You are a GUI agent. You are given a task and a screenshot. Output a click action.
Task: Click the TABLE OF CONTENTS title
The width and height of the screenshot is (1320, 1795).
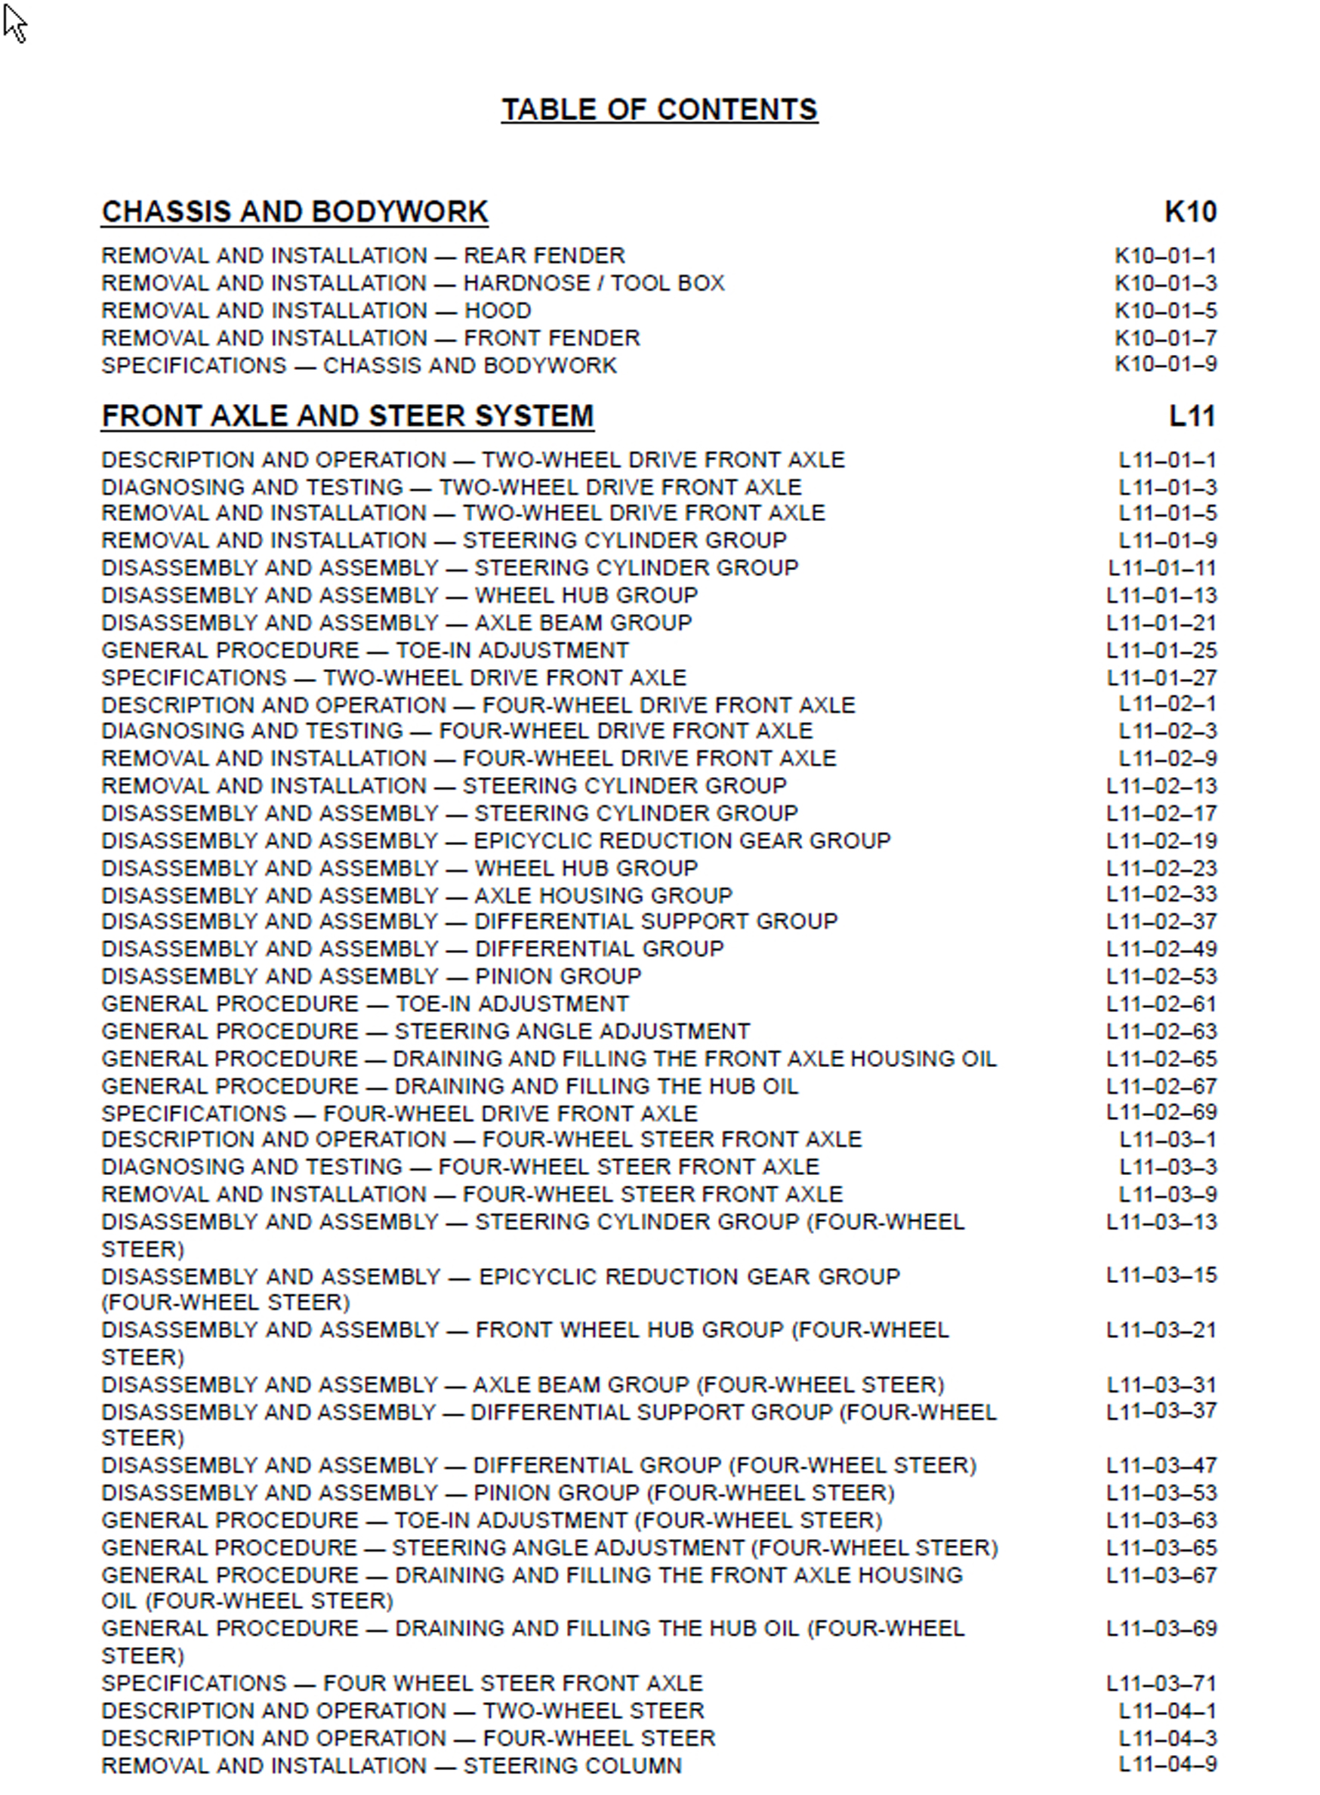[659, 109]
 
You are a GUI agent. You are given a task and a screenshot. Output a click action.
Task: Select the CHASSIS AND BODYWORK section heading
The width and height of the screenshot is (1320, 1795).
[295, 211]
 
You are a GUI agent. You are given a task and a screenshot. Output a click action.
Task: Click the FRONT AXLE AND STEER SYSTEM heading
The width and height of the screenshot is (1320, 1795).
[347, 416]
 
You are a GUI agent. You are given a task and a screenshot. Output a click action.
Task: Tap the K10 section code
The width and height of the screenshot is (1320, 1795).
[1190, 211]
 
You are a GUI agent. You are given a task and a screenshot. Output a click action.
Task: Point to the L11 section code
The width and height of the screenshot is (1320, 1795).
[1192, 416]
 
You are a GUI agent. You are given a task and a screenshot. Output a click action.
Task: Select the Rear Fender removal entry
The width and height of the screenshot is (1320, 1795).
[362, 256]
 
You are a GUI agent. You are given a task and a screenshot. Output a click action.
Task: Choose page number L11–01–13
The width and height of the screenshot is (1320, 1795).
[1161, 595]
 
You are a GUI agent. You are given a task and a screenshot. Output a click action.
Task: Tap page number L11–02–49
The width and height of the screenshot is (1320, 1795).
[1161, 949]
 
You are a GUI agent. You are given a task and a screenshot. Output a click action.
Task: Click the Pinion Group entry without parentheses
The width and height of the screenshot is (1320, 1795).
[371, 976]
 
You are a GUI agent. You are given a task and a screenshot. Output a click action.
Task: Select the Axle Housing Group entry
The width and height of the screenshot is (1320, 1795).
[416, 895]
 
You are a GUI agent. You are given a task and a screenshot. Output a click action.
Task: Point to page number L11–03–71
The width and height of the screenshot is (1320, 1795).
[1161, 1684]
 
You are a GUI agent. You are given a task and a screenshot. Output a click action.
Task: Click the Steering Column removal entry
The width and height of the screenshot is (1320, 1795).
[391, 1766]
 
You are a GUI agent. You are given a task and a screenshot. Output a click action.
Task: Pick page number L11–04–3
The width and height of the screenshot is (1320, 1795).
[1167, 1738]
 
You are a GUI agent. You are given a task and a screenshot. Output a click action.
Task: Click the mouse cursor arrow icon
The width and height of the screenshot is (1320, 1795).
[14, 22]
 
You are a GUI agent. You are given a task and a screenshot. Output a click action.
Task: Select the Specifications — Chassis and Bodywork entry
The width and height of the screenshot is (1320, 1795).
[359, 365]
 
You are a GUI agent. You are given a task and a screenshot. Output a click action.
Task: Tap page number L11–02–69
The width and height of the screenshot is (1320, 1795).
[1161, 1112]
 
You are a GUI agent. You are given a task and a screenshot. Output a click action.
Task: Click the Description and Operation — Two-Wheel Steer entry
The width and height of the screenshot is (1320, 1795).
[402, 1711]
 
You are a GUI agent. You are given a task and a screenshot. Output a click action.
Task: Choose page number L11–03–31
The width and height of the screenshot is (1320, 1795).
[1161, 1384]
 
